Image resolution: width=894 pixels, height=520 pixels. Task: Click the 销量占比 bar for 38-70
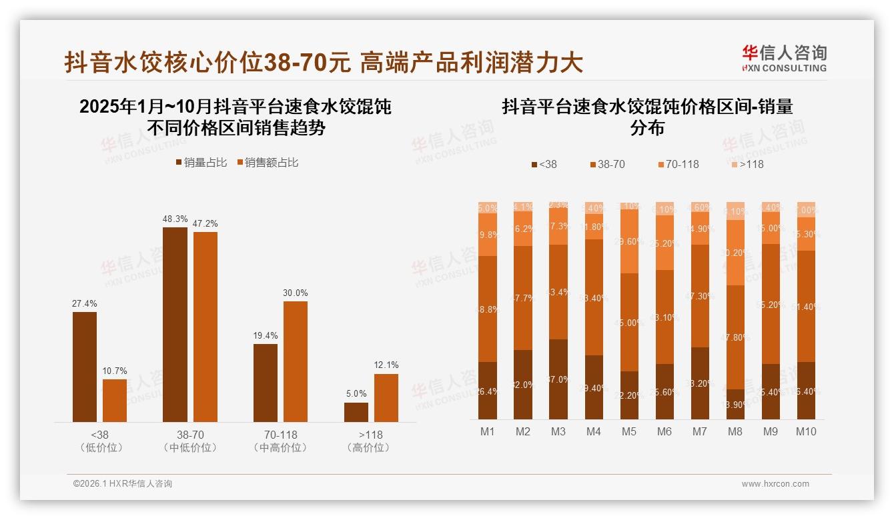(x=175, y=324)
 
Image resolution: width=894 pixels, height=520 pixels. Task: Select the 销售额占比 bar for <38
(x=115, y=400)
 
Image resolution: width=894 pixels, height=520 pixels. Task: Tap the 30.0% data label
(x=296, y=293)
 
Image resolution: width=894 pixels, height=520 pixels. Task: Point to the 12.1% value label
(x=386, y=365)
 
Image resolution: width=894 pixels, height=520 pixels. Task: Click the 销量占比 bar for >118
(x=356, y=412)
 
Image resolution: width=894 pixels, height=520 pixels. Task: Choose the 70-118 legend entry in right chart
(x=679, y=164)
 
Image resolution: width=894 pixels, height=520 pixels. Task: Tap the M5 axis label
(x=629, y=431)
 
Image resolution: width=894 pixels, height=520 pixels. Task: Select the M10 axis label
(x=805, y=431)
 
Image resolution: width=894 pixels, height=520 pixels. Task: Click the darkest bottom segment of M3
(x=558, y=379)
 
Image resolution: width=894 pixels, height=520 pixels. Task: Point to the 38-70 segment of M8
(x=735, y=337)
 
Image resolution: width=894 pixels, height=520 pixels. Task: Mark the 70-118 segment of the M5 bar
(x=629, y=241)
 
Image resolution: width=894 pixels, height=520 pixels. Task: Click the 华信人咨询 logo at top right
(x=784, y=58)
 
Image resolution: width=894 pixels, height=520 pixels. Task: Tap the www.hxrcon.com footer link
(x=775, y=484)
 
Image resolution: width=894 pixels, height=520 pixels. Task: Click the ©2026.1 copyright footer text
(x=123, y=484)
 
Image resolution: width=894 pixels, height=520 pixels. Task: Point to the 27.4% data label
(x=85, y=304)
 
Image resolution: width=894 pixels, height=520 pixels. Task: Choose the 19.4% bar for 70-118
(x=266, y=383)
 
